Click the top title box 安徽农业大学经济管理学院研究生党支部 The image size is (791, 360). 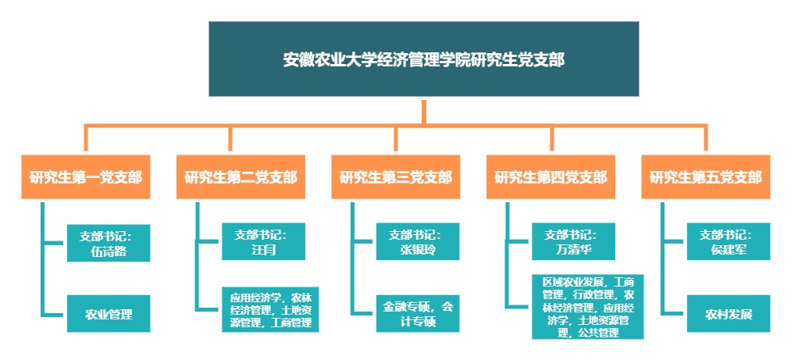pyautogui.click(x=423, y=59)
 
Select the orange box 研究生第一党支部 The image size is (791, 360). pyautogui.click(x=86, y=176)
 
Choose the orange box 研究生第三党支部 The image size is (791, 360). pyautogui.click(x=395, y=176)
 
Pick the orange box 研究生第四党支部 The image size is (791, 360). pyautogui.click(x=550, y=176)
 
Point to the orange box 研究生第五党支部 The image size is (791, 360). pyautogui.click(x=705, y=176)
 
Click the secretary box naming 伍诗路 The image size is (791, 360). pyautogui.click(x=108, y=242)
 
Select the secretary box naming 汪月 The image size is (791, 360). pyautogui.click(x=261, y=242)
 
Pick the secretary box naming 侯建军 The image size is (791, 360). pyautogui.click(x=729, y=242)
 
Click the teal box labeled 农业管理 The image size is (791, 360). pyautogui.click(x=108, y=315)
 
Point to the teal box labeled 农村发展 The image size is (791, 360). pyautogui.click(x=729, y=315)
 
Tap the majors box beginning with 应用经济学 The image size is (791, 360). pyautogui.click(x=269, y=309)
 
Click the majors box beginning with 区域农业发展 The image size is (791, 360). pyautogui.click(x=588, y=307)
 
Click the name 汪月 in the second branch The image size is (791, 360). pyautogui.click(x=261, y=250)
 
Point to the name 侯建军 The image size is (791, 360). pyautogui.click(x=729, y=250)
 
